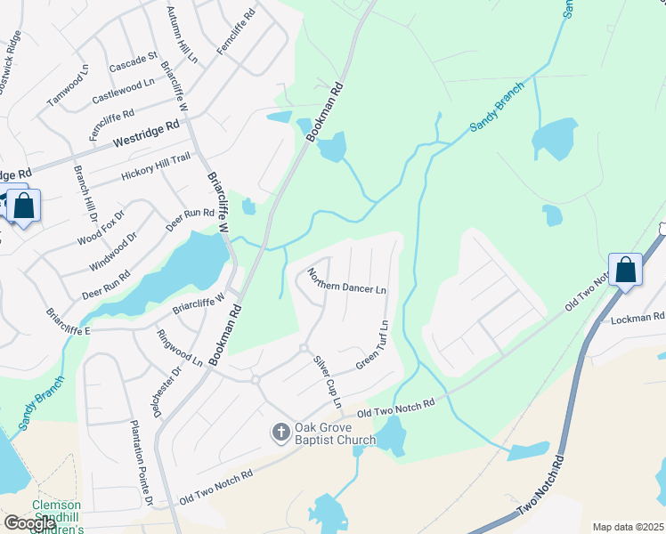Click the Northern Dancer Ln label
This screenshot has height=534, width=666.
[346, 280]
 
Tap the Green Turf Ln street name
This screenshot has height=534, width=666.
[373, 344]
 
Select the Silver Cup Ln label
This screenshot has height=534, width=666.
[326, 382]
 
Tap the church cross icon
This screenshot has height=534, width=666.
[280, 433]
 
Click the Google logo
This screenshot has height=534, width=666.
[29, 523]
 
